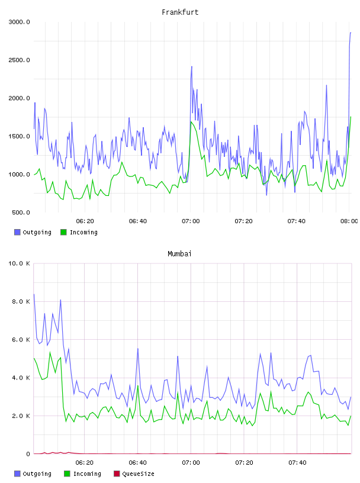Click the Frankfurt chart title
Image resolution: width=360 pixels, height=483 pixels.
[180, 12]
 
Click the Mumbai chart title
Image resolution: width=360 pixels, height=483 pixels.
[179, 254]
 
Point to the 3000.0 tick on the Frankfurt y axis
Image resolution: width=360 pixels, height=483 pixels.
[19, 22]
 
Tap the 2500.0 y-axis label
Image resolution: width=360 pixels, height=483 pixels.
[19, 60]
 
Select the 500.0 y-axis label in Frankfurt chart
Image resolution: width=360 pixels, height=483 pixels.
[21, 212]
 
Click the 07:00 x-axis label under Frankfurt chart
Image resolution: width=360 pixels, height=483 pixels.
[191, 221]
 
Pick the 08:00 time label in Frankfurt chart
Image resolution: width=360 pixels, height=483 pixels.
[349, 221]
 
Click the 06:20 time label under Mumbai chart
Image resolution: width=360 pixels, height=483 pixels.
[85, 463]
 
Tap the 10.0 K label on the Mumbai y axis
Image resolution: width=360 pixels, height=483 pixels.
[19, 263]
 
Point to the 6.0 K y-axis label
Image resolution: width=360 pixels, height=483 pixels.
[21, 340]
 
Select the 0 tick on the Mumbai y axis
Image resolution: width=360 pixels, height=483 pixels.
[28, 454]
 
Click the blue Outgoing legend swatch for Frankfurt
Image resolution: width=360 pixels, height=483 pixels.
[17, 232]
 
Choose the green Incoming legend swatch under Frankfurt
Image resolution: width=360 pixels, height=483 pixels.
[63, 232]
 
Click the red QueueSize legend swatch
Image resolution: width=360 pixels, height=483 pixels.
[117, 474]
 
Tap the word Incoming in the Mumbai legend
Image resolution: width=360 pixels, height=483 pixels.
[87, 474]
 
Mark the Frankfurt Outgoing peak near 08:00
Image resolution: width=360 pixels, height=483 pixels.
[351, 33]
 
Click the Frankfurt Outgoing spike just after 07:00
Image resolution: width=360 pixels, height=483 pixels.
[192, 66]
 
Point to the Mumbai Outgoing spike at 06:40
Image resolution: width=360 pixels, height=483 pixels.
[138, 349]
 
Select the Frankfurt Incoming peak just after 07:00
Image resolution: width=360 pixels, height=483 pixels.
[191, 122]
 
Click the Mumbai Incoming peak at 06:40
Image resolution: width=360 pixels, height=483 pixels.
[138, 386]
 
